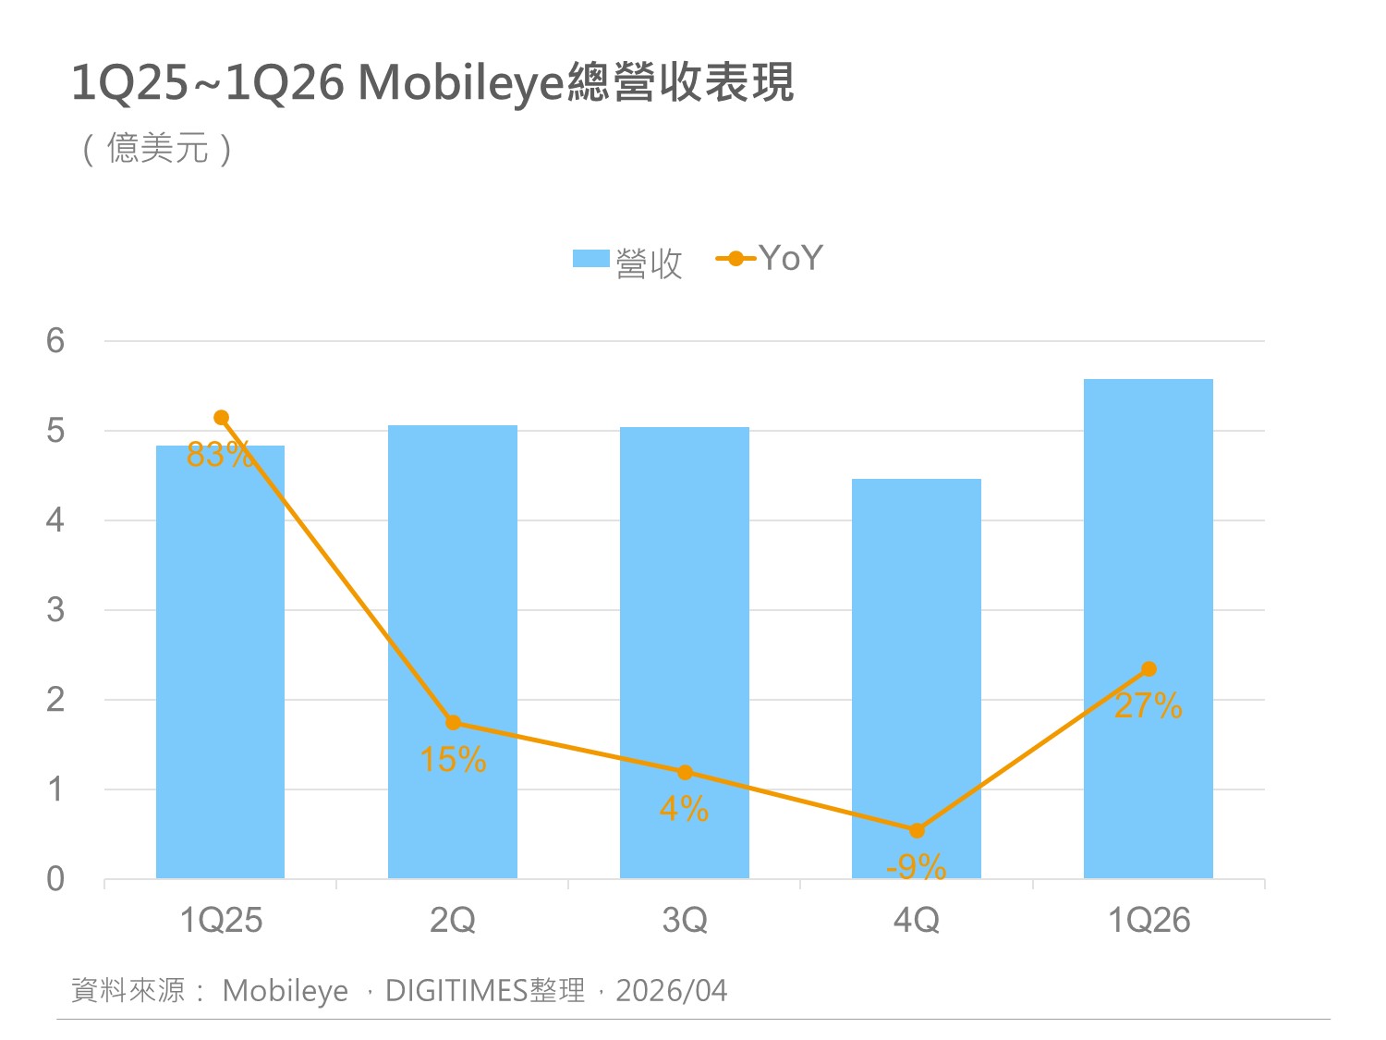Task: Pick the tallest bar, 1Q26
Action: [x=1148, y=629]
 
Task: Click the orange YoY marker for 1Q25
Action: [x=221, y=418]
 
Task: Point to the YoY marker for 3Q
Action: [x=685, y=772]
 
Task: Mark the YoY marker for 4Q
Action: [x=917, y=830]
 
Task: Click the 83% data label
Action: [x=219, y=455]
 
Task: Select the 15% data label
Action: [x=453, y=760]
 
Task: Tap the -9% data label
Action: [x=916, y=867]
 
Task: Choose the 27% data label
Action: [x=1148, y=706]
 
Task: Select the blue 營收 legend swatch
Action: [x=590, y=259]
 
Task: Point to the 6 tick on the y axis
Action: [x=55, y=341]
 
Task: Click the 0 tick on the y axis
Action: [x=55, y=878]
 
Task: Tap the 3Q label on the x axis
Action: [x=685, y=920]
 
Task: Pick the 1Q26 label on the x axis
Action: [x=1149, y=920]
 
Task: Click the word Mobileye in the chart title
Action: [x=460, y=83]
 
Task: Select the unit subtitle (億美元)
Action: [x=157, y=148]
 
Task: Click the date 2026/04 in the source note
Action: [x=672, y=991]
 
